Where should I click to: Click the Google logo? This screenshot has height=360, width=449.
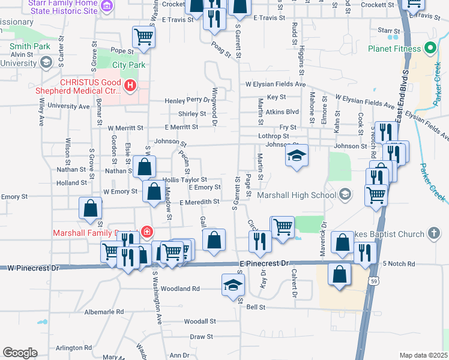pos(20,352)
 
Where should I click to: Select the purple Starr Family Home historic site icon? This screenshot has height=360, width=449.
pos(107,7)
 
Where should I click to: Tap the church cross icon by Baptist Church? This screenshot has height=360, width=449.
pos(435,233)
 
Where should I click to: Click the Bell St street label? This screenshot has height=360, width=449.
pos(256,307)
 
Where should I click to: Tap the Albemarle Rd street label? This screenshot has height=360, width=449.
pos(104,312)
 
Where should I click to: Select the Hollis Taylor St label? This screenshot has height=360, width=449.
pos(185,179)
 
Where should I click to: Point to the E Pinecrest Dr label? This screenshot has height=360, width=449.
pos(264,263)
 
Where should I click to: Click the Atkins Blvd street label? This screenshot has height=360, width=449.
pos(282,112)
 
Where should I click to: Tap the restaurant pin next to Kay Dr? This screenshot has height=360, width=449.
pos(260,241)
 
